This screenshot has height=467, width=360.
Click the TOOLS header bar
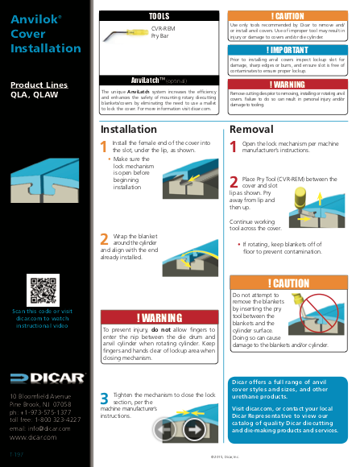coord(159,16)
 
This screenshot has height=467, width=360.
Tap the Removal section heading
coord(251,130)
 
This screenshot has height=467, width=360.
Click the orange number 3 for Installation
coord(105,398)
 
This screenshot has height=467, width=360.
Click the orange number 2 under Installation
coord(105,238)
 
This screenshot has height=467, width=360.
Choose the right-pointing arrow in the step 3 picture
coord(194,429)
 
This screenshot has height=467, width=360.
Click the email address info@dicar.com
coord(39,428)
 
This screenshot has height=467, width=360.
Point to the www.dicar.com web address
coord(33,437)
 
